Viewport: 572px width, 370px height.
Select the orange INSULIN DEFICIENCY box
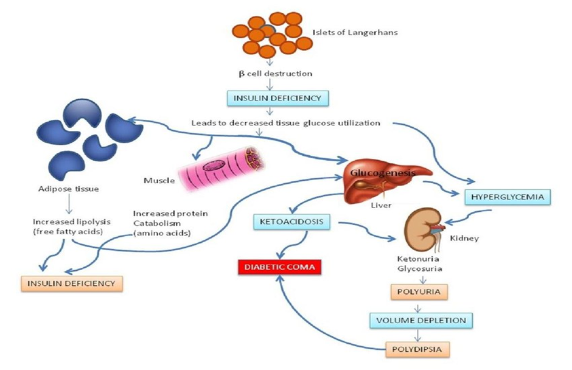(x=71, y=283)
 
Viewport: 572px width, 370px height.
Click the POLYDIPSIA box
(x=417, y=349)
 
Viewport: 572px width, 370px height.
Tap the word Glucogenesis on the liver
(x=382, y=173)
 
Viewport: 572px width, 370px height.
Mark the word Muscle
(x=160, y=180)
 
